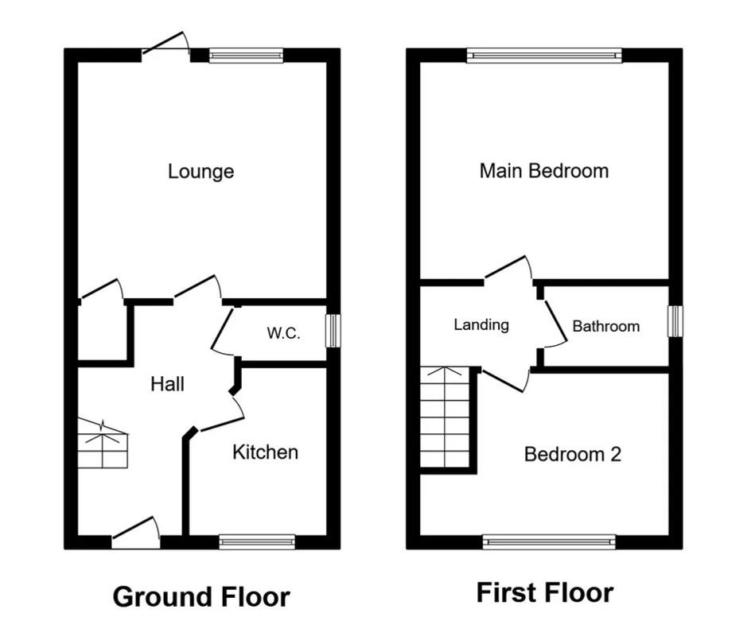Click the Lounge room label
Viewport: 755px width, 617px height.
pyautogui.click(x=200, y=171)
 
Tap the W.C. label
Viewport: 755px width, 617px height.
pyautogui.click(x=283, y=333)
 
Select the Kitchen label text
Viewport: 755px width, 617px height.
pyautogui.click(x=265, y=452)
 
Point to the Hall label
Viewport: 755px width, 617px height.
pyautogui.click(x=167, y=385)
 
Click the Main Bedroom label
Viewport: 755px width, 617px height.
pyautogui.click(x=543, y=170)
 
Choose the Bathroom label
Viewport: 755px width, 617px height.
pyautogui.click(x=605, y=326)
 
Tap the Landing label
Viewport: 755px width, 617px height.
pyautogui.click(x=481, y=324)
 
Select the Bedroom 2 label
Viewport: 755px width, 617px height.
pyautogui.click(x=572, y=454)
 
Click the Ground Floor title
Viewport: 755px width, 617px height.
pyautogui.click(x=201, y=596)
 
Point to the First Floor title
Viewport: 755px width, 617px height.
pyautogui.click(x=544, y=592)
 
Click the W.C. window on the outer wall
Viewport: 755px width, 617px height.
pyautogui.click(x=333, y=331)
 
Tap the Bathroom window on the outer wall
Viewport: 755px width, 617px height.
pyautogui.click(x=675, y=320)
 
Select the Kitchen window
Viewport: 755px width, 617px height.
pyautogui.click(x=257, y=541)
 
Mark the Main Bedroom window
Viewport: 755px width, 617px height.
pyautogui.click(x=544, y=55)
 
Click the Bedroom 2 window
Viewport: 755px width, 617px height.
pyautogui.click(x=549, y=541)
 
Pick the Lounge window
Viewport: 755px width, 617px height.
pyautogui.click(x=246, y=55)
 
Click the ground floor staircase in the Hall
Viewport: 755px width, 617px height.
pyautogui.click(x=103, y=444)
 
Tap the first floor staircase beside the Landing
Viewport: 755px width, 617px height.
pyautogui.click(x=447, y=418)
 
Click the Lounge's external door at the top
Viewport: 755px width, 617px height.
pyautogui.click(x=165, y=46)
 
